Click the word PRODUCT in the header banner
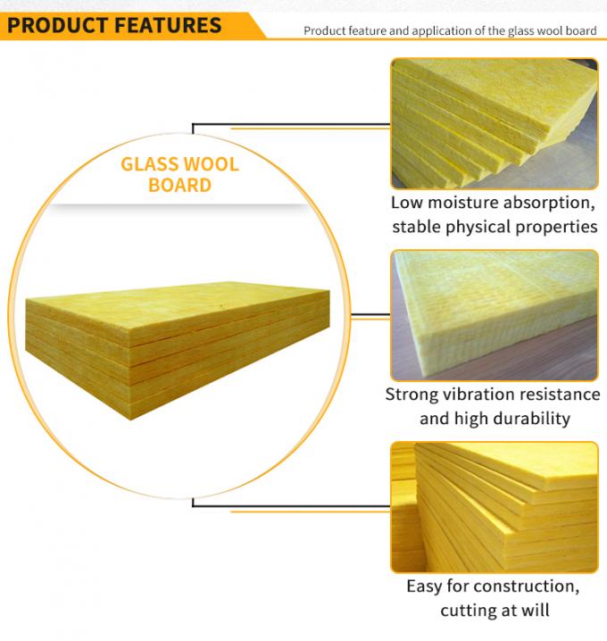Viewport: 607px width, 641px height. coord(59,23)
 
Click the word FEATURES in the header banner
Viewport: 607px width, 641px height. coord(168,23)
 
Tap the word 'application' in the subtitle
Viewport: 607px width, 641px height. coord(447,31)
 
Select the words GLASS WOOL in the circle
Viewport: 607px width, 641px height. coord(179,165)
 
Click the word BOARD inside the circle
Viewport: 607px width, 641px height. coord(179,186)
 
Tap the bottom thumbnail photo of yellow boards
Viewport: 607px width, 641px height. coord(494,506)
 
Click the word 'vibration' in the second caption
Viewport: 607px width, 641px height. coord(484,394)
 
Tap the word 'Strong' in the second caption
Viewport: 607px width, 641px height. coord(413,394)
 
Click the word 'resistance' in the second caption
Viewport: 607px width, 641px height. coord(561,394)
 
